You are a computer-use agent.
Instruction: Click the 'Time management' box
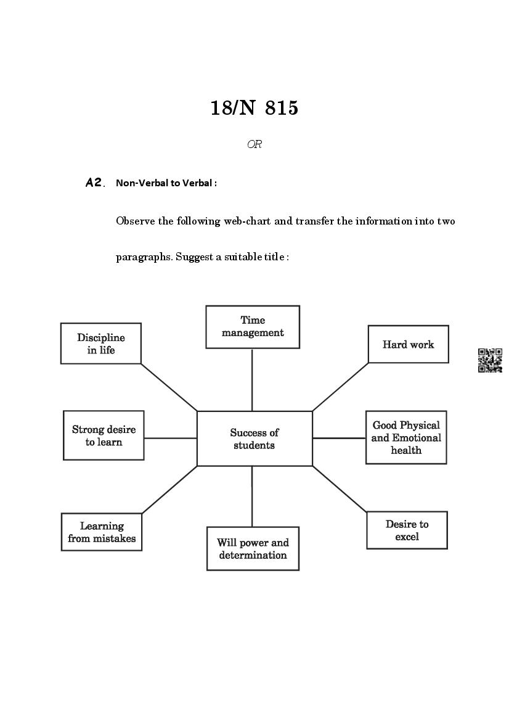tap(253, 327)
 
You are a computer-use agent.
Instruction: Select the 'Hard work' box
tap(408, 344)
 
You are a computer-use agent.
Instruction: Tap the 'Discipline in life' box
tap(101, 344)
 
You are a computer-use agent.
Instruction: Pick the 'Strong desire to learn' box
tap(104, 435)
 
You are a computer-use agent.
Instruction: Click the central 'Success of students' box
tap(254, 439)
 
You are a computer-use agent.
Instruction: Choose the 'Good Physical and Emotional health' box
tap(406, 437)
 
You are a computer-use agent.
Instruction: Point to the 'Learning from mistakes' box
tap(102, 532)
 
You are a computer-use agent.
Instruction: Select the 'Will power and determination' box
tap(253, 548)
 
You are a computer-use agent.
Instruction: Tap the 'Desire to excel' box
tap(407, 530)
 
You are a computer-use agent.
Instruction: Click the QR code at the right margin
tap(490, 360)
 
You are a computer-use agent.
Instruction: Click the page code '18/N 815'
tap(254, 108)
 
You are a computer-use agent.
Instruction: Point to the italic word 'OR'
tap(254, 144)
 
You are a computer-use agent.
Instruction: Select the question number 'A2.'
tap(96, 183)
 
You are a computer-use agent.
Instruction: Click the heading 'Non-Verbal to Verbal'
tap(166, 183)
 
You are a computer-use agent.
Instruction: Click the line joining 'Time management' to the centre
tap(252, 379)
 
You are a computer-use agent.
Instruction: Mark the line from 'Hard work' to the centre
tap(341, 387)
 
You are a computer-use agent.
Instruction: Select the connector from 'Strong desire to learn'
tap(170, 439)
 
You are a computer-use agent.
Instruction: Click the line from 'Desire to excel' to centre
tap(340, 489)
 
